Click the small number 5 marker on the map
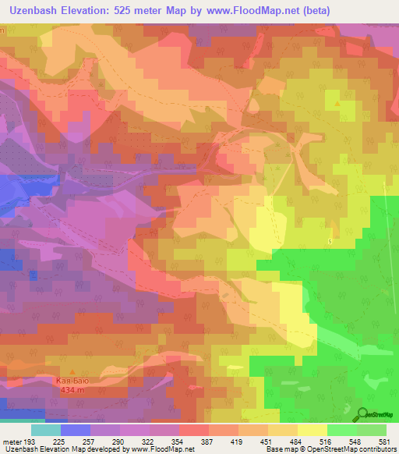point(330,243)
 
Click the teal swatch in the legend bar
point(45,430)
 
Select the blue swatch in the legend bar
point(76,430)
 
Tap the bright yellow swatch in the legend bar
point(312,430)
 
